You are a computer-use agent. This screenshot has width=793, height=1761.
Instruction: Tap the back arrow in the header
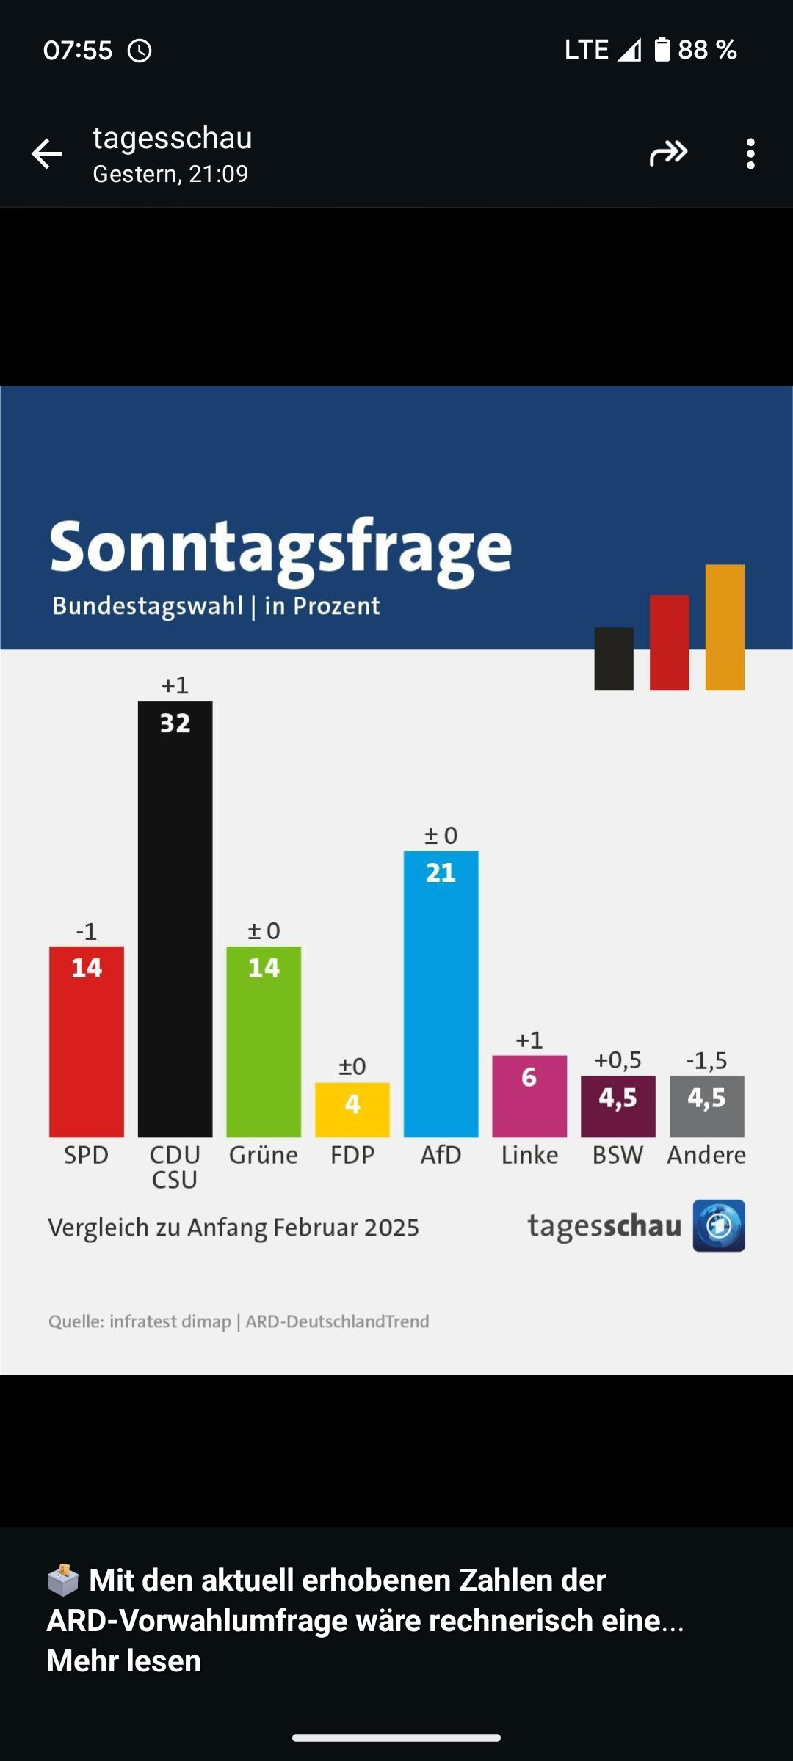(47, 154)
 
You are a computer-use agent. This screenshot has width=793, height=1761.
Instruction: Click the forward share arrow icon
(668, 153)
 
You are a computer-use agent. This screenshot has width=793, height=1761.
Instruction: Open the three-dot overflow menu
(750, 154)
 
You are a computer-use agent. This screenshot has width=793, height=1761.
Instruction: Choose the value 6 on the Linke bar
(529, 1077)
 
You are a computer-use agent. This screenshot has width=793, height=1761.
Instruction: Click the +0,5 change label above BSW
(618, 1060)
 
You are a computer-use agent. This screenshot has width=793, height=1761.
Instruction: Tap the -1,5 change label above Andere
(706, 1060)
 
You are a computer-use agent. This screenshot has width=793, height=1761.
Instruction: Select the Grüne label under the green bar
(264, 1155)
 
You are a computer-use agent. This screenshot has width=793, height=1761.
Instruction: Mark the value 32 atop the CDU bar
(175, 723)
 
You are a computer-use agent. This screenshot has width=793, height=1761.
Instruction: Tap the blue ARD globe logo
(719, 1225)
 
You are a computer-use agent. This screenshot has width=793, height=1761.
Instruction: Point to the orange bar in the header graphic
(725, 627)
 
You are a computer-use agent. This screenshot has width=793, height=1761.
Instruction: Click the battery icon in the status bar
(662, 49)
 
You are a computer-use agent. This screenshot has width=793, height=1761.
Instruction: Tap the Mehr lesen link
(124, 1660)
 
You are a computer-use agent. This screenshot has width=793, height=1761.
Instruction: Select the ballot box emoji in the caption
(63, 1580)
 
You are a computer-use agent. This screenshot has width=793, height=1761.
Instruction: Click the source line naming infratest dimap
(239, 1321)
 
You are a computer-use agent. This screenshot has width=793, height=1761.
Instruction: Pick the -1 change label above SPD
(87, 932)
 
